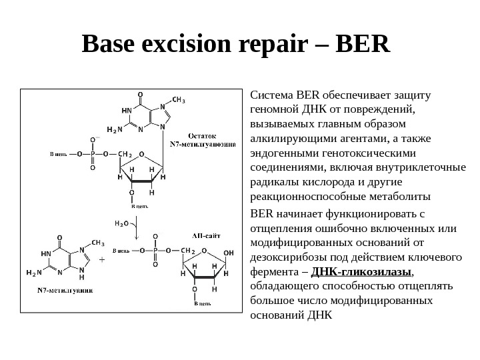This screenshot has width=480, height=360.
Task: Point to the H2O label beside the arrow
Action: (x=121, y=224)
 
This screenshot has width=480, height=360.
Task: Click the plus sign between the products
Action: (x=102, y=261)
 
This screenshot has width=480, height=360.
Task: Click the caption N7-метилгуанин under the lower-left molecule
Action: (x=65, y=290)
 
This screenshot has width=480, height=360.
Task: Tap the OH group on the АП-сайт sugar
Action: (x=229, y=253)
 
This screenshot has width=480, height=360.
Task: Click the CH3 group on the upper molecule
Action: (x=179, y=101)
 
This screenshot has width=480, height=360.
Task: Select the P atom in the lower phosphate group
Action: (x=155, y=251)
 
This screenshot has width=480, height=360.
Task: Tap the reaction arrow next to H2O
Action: (x=137, y=231)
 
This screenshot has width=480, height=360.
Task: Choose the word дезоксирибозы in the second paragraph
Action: (x=285, y=257)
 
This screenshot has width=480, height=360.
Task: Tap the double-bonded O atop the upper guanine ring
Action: (x=140, y=94)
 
